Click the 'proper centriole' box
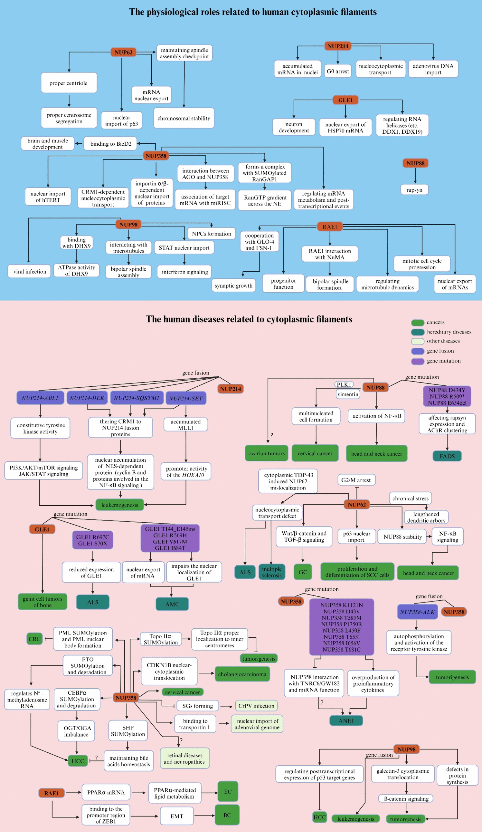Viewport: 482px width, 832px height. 69,83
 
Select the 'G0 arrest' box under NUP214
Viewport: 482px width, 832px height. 337,71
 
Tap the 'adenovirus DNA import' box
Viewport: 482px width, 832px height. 433,69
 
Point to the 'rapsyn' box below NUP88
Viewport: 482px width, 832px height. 414,190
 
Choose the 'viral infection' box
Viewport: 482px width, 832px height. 30,271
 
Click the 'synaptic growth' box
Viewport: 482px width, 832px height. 233,285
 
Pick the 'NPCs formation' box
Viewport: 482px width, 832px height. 212,234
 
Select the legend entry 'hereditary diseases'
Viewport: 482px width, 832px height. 449,332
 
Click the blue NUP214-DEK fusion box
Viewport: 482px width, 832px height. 87,398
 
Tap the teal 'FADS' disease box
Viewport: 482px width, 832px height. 447,456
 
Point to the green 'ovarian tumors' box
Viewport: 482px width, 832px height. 266,453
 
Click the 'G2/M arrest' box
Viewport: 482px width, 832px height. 356,480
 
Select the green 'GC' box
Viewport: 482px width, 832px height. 303,572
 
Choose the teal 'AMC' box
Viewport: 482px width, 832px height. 172,604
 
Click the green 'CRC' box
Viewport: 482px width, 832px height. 35,639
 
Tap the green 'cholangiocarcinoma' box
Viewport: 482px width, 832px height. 242,674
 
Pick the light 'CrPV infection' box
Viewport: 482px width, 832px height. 256,706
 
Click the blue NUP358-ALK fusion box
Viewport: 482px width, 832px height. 417,612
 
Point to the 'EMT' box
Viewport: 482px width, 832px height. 177,816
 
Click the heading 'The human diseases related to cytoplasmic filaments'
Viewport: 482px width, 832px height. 249,319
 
